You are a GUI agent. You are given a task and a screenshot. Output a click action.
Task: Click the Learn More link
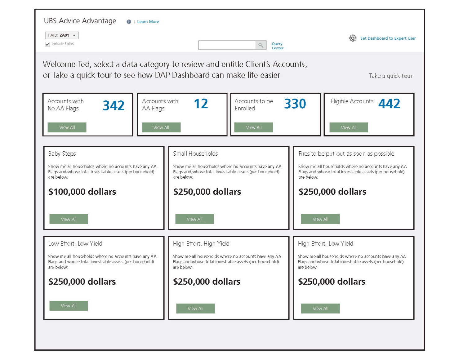[148, 22]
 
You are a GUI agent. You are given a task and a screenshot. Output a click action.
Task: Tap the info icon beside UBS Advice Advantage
[129, 22]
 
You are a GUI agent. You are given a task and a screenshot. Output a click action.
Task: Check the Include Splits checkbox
[47, 44]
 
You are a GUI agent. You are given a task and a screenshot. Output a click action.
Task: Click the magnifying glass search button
[261, 45]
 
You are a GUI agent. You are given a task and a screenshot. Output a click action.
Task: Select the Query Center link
[277, 46]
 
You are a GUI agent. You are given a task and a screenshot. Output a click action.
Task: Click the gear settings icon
[353, 38]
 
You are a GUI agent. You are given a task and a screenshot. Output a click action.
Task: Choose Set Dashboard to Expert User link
[388, 38]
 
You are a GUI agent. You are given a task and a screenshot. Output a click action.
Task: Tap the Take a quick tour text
[390, 76]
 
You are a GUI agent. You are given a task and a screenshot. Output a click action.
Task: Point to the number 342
[114, 106]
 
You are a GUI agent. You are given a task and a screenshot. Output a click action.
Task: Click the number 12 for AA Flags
[201, 104]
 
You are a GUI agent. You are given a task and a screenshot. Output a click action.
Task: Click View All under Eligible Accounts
[349, 127]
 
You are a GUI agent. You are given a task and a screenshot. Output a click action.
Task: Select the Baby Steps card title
[62, 154]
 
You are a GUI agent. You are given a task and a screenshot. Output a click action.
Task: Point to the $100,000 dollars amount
[82, 192]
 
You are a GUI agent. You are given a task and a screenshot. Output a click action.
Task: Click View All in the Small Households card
[194, 219]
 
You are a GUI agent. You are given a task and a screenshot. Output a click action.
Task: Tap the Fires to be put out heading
[346, 154]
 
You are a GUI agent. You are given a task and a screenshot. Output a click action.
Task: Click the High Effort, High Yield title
[201, 244]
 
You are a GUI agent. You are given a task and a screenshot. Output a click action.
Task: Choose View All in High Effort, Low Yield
[320, 309]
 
